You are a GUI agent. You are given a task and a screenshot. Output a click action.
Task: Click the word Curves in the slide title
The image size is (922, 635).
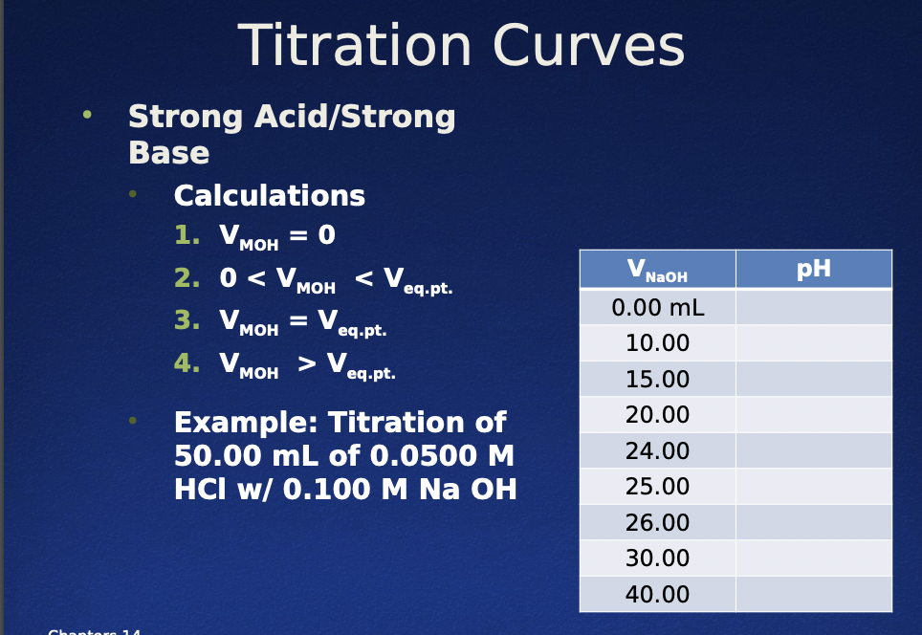pos(588,46)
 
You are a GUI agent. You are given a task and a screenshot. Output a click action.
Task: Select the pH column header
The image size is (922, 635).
pos(813,269)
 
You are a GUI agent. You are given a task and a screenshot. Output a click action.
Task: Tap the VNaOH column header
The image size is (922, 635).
pos(657,270)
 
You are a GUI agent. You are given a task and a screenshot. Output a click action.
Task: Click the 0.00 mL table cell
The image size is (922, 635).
pos(657,308)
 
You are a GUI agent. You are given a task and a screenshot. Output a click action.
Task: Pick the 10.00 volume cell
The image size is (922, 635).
pos(657,343)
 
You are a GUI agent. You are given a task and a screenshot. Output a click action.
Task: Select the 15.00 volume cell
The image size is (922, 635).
pos(657,380)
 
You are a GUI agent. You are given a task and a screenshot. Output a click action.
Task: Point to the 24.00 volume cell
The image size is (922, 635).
pos(657,451)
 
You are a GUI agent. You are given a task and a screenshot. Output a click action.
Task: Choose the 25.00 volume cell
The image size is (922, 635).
pos(657,487)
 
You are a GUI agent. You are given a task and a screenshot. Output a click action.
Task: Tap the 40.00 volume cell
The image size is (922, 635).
pos(657,595)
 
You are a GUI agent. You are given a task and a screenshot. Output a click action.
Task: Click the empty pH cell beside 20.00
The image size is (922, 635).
pos(813,415)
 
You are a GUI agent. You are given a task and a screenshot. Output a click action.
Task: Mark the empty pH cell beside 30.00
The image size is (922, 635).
pos(813,558)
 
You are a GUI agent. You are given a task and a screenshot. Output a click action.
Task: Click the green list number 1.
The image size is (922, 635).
pos(186,235)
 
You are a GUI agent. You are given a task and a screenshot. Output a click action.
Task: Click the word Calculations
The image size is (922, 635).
pos(269,196)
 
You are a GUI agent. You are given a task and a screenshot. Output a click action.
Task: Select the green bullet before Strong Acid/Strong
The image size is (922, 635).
pos(88,116)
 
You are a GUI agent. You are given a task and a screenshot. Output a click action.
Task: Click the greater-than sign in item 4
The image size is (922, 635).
pos(306,364)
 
